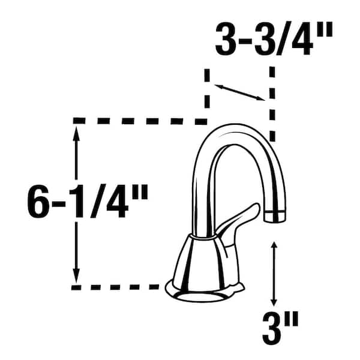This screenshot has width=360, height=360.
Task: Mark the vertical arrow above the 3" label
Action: tap(274, 274)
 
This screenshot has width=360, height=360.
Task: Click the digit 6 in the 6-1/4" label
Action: tap(38, 202)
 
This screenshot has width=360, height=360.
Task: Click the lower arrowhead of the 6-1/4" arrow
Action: tap(76, 277)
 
